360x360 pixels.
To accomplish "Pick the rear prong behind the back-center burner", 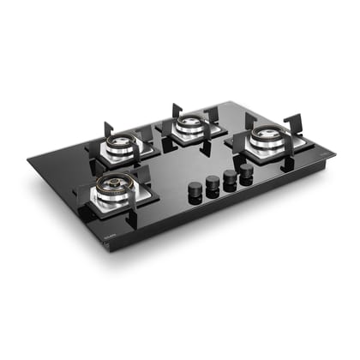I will coord(177,111).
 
